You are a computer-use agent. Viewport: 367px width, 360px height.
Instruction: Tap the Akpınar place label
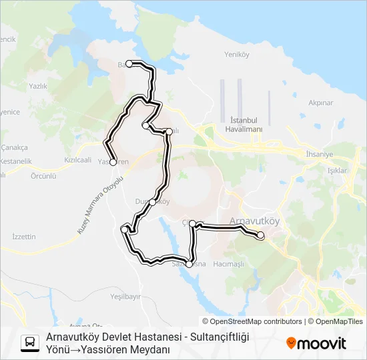point(320,103)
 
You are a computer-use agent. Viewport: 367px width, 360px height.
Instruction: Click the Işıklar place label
point(337,171)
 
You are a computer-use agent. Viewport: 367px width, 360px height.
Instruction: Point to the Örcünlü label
point(43,176)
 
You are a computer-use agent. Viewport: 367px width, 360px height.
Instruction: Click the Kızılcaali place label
point(77,160)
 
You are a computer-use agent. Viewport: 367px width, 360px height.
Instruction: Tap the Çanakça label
point(14,147)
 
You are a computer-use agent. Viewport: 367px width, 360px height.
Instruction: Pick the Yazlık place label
point(38,86)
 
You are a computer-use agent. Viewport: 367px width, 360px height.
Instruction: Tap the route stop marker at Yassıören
point(113,162)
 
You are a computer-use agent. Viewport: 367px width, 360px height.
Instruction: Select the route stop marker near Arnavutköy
point(260,235)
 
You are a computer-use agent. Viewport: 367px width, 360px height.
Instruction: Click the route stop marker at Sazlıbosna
point(189,264)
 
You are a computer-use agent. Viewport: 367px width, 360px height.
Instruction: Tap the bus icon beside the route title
point(30,343)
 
